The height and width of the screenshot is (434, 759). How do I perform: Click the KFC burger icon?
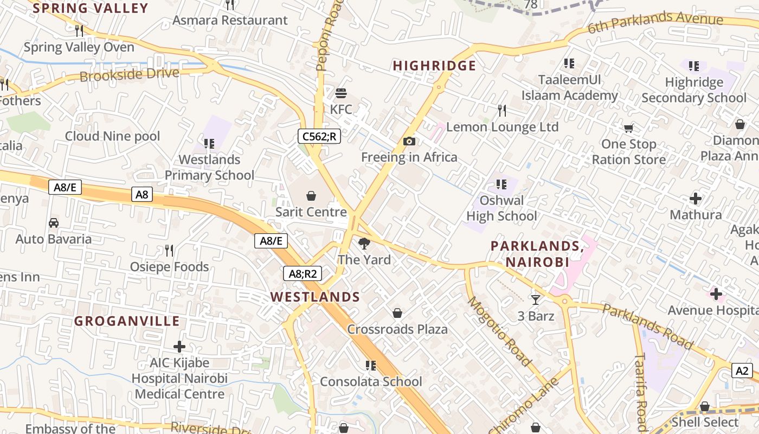341,93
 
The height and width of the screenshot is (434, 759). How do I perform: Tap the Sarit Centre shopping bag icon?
311,195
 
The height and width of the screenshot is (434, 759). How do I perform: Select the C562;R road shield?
319,136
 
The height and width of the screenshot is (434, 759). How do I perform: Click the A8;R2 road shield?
303,273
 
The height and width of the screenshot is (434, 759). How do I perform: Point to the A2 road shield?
742,371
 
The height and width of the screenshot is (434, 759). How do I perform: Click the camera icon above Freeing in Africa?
409,142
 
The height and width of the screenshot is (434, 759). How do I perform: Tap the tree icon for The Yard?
364,244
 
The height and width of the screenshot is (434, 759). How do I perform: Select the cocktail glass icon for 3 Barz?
536,299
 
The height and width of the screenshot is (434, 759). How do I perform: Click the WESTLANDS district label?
315,297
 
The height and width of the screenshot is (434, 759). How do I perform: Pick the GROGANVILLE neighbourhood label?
127,321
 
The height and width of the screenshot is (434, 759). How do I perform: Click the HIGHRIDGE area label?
434,66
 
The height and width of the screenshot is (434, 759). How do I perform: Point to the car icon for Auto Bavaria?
54,222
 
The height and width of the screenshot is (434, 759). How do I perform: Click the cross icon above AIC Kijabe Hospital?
179,347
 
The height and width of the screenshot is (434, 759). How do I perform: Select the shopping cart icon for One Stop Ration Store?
628,129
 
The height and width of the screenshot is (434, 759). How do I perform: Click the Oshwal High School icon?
501,184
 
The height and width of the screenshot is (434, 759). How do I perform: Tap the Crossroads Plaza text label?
397,329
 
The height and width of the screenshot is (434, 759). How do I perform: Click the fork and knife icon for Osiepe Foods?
169,250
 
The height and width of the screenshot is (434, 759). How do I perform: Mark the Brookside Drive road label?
129,74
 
